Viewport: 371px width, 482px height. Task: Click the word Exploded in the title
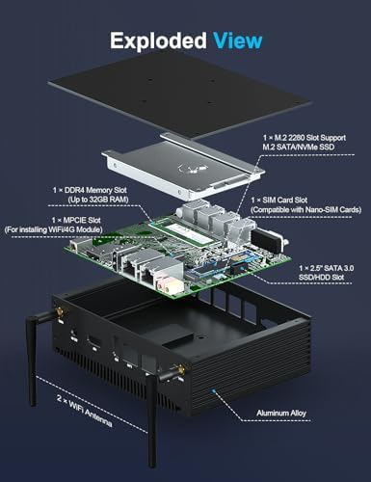[x=158, y=41]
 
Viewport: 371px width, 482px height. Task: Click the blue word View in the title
[x=237, y=40]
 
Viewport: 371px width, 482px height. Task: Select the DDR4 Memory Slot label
[x=90, y=190]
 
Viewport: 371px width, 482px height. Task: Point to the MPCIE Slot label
[x=76, y=221]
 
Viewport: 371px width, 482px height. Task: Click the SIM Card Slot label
[x=279, y=201]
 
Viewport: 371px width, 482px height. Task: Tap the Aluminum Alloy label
[x=281, y=414]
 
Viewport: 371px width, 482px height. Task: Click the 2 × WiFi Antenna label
[x=85, y=411]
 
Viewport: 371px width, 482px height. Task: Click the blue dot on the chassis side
[x=212, y=391]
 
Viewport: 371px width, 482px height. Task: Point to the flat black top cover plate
[x=179, y=94]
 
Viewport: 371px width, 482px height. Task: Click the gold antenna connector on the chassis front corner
[x=179, y=370]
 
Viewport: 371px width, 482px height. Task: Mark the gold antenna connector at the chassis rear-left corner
[x=60, y=313]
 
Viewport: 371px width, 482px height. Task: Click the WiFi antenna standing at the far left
[x=37, y=357]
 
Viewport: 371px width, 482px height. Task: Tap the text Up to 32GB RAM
[x=98, y=200]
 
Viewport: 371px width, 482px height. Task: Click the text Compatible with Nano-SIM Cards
[x=306, y=210]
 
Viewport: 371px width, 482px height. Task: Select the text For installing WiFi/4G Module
[x=53, y=229]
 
